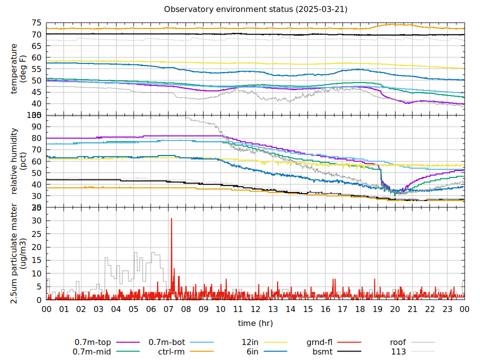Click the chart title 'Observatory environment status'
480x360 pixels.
click(255, 9)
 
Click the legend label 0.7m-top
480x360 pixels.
click(94, 342)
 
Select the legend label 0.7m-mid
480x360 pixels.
click(94, 351)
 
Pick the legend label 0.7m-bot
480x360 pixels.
click(167, 342)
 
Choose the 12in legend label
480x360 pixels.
click(249, 342)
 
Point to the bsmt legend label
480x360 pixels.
click(322, 351)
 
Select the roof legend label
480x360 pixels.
click(398, 342)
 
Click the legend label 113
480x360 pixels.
click(398, 351)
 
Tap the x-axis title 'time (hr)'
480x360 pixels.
click(255, 323)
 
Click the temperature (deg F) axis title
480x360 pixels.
click(18, 68)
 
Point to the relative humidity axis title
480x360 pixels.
click(18, 160)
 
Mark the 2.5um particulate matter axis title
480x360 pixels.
click(18, 253)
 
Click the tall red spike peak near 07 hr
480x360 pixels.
click(171, 218)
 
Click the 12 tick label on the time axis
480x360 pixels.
click(255, 309)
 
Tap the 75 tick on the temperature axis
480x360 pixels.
click(36, 23)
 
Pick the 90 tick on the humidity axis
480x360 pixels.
click(36, 126)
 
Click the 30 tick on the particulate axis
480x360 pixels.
click(36, 220)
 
